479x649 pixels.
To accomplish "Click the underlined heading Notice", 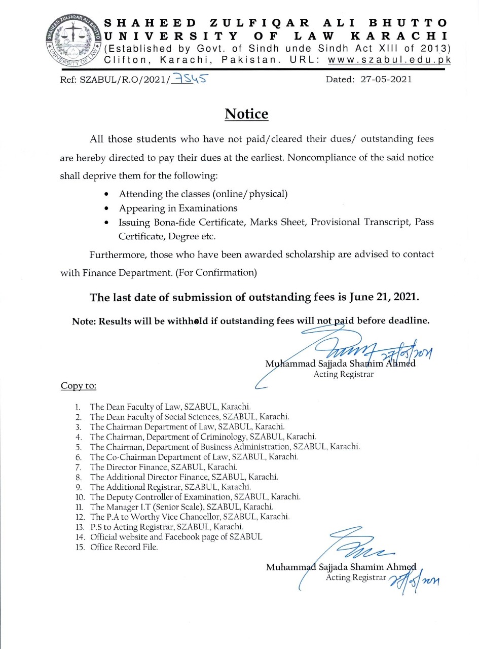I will tap(246, 114).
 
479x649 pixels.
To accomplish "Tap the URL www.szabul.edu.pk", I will tap(389, 60).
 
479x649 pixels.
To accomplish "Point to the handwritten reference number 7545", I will tap(190, 79).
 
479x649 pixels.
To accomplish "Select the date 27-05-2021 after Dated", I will tap(386, 80).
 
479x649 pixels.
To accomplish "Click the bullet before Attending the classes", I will tap(106, 194).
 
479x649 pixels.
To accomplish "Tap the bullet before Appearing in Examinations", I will tap(106, 208).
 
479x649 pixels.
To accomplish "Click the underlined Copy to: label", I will tap(79, 386).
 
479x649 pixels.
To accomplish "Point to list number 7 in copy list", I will tap(78, 467).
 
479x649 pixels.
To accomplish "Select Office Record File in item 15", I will tap(124, 547).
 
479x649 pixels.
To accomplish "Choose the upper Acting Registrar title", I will tap(344, 375).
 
